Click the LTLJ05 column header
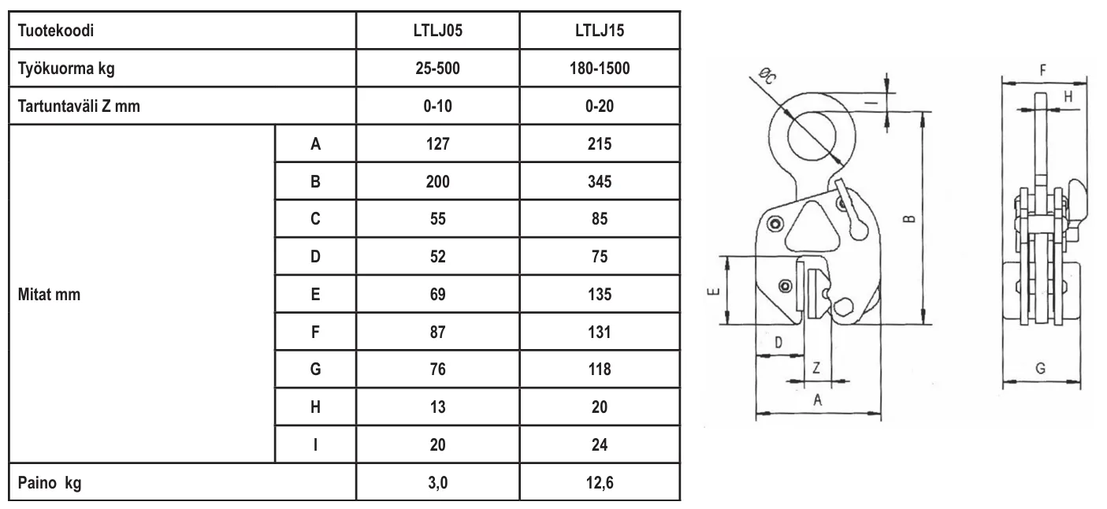437,32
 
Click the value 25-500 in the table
437,69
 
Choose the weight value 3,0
437,483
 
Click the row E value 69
437,295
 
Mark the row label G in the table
315,370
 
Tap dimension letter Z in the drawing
816,367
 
